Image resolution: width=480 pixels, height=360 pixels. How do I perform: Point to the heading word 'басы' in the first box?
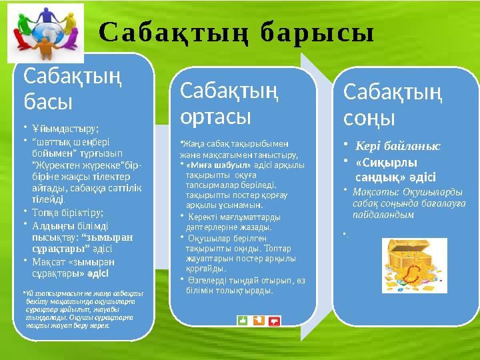tap(48, 101)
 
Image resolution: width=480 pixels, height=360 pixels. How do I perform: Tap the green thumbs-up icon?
tap(242, 321)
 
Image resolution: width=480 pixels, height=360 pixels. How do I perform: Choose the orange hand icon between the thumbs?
tap(258, 321)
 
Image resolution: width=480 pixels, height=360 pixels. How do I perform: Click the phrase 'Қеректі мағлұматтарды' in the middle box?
tap(231, 217)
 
